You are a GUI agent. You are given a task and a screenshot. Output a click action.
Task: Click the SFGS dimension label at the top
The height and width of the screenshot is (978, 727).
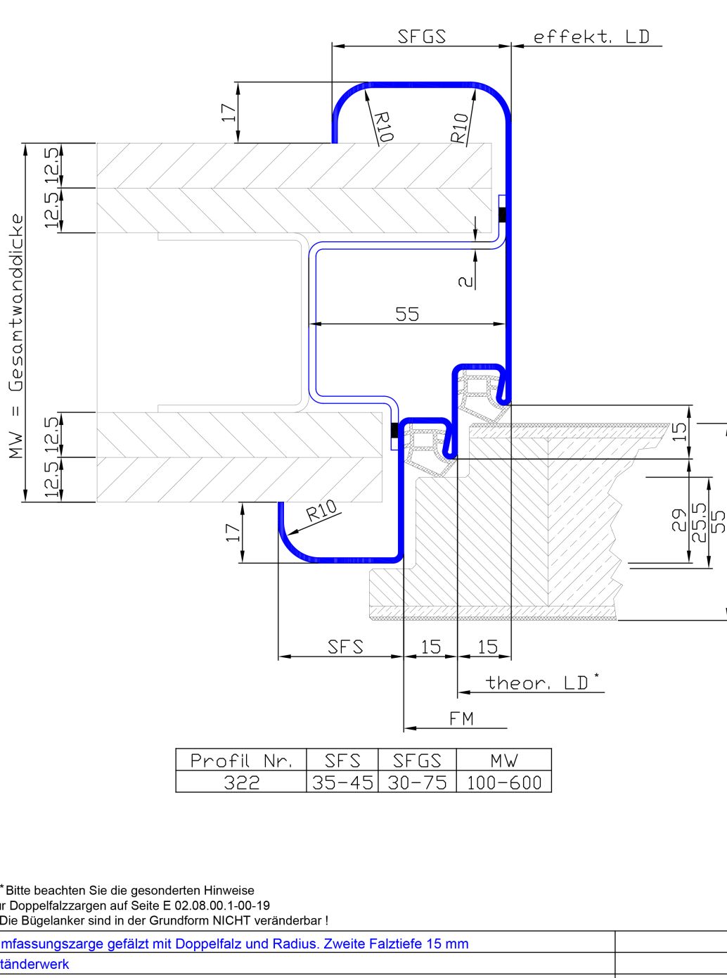click(421, 37)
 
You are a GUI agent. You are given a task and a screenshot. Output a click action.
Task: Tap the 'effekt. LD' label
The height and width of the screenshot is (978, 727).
click(591, 37)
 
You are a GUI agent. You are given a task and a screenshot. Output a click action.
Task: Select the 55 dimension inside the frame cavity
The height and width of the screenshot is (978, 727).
click(407, 314)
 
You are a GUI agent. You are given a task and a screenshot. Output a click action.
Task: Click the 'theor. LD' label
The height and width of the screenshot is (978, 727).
click(537, 682)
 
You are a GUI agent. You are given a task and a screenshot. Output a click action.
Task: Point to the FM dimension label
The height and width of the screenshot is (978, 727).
click(461, 718)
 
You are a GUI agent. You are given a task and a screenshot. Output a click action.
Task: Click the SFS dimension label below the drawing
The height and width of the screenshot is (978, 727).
click(345, 647)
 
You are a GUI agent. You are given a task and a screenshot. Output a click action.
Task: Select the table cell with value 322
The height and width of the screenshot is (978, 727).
click(241, 782)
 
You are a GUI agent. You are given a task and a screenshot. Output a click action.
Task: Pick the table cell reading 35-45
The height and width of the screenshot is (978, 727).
click(342, 782)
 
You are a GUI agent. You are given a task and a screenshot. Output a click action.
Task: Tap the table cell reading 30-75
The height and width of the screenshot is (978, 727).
click(417, 782)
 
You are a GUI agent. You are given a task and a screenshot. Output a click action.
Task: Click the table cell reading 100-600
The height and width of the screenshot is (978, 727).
click(504, 782)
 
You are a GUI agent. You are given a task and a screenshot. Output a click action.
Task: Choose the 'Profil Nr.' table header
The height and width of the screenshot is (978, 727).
click(240, 761)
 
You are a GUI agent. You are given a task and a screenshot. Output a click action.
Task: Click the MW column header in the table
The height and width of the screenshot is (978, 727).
click(504, 761)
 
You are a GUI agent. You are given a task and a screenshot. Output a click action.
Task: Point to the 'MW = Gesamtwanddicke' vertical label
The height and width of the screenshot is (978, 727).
click(16, 336)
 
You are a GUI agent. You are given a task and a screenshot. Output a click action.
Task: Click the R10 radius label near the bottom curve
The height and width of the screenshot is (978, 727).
click(322, 510)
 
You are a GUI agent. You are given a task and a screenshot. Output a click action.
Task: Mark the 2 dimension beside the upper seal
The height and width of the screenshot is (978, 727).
click(465, 281)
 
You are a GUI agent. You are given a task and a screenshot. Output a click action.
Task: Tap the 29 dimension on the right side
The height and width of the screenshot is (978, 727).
click(678, 520)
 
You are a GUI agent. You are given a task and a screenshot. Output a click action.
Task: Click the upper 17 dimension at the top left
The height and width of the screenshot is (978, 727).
click(229, 113)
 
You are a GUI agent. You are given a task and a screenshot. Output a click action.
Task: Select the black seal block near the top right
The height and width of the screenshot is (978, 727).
click(502, 215)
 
